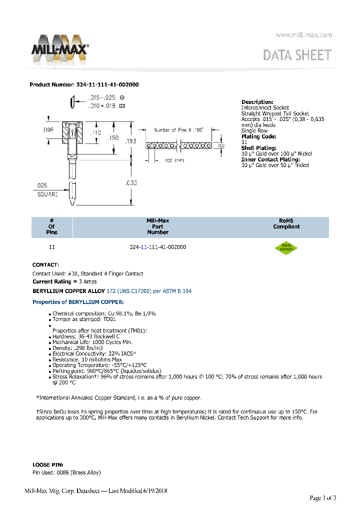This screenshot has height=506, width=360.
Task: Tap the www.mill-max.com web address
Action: point(303,35)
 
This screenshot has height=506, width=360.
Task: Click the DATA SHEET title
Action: point(297,55)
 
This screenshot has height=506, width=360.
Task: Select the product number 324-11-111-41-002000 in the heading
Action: point(107,84)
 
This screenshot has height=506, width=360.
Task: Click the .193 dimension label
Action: point(130,141)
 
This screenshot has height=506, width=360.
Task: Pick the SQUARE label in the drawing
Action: point(48,194)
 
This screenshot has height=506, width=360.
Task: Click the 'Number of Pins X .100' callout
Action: point(178,130)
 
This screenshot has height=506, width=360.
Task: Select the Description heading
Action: point(257,102)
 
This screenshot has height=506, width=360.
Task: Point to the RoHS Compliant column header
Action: point(286,223)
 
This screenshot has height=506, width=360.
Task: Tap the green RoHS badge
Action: point(286,248)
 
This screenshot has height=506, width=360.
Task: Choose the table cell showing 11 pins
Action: point(51,247)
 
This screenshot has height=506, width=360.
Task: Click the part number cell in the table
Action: point(157,247)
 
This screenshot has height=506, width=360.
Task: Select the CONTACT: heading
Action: point(45,264)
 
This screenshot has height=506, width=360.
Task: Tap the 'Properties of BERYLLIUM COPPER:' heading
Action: point(78,302)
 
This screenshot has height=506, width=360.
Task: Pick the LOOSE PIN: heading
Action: point(47,464)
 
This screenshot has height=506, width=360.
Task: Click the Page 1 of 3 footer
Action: point(323,497)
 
